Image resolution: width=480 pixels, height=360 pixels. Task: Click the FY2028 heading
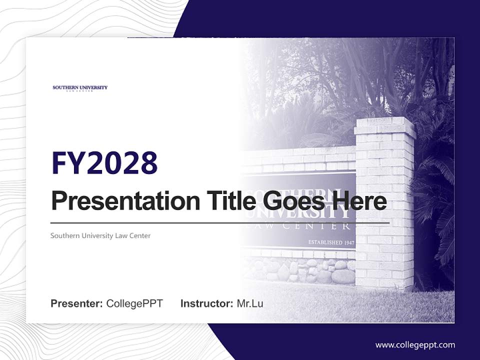pyautogui.click(x=104, y=163)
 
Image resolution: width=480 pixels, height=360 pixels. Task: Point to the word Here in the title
pyautogui.click(x=360, y=201)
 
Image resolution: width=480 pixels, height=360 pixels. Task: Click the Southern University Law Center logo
pyautogui.click(x=80, y=88)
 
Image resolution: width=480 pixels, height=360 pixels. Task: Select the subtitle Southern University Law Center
pyautogui.click(x=100, y=235)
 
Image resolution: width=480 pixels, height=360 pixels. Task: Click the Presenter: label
pyautogui.click(x=77, y=303)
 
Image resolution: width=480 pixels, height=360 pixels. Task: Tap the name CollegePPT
pyautogui.click(x=134, y=303)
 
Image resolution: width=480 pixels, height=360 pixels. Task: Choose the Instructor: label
pyautogui.click(x=206, y=303)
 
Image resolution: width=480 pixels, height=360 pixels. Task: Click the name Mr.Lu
pyautogui.click(x=250, y=303)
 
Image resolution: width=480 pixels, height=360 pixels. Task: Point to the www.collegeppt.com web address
pyautogui.click(x=415, y=344)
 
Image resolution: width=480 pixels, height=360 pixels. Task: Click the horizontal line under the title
pyautogui.click(x=220, y=222)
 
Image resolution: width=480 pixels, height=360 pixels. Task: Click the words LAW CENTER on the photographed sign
pyautogui.click(x=320, y=226)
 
